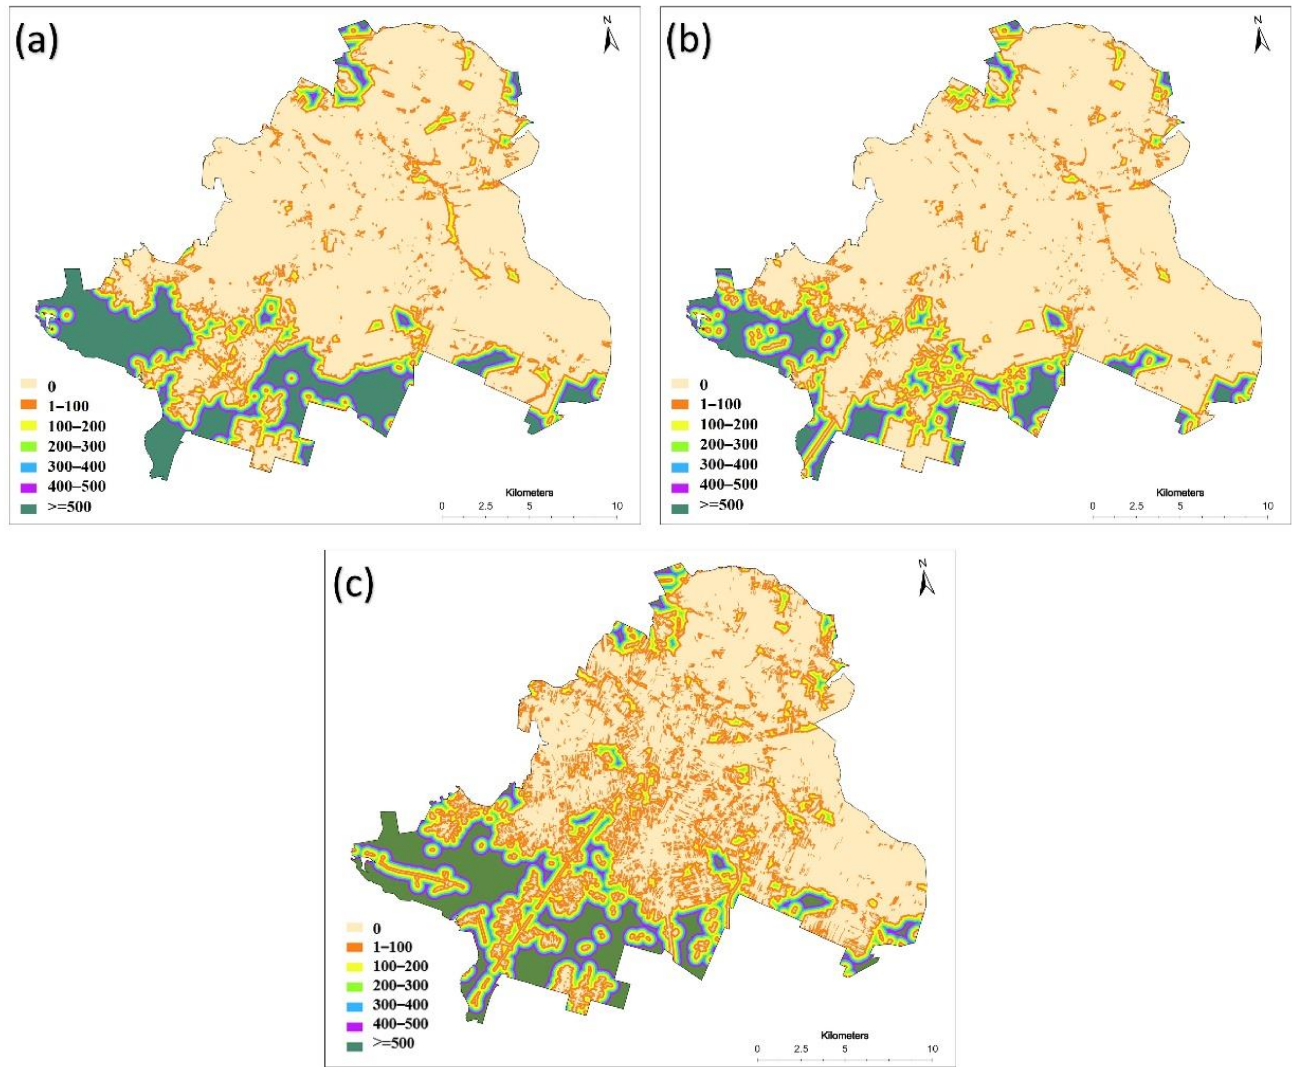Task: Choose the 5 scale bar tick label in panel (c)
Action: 845,1049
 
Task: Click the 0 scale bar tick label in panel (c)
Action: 758,1049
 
